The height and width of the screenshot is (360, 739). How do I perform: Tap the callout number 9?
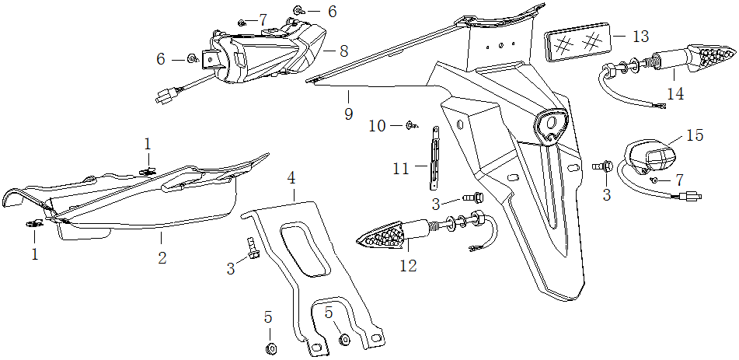(x=348, y=114)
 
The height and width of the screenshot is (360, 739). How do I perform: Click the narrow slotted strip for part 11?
(x=435, y=159)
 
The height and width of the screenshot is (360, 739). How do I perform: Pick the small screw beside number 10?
(x=413, y=124)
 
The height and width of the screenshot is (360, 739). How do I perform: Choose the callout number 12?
(x=408, y=265)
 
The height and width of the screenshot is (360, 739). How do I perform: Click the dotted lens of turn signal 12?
(x=385, y=235)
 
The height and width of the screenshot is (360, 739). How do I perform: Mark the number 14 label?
(x=675, y=93)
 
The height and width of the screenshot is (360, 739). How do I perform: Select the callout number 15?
(x=695, y=135)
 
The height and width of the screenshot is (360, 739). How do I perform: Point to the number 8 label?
(x=343, y=51)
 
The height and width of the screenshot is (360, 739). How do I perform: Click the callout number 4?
(x=292, y=178)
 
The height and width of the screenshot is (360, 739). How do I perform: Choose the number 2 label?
(x=162, y=257)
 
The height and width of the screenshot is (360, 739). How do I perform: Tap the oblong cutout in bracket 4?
(x=303, y=249)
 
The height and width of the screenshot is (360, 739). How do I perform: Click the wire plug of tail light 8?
(x=165, y=98)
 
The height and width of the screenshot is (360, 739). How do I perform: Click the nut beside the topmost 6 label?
(x=298, y=11)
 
